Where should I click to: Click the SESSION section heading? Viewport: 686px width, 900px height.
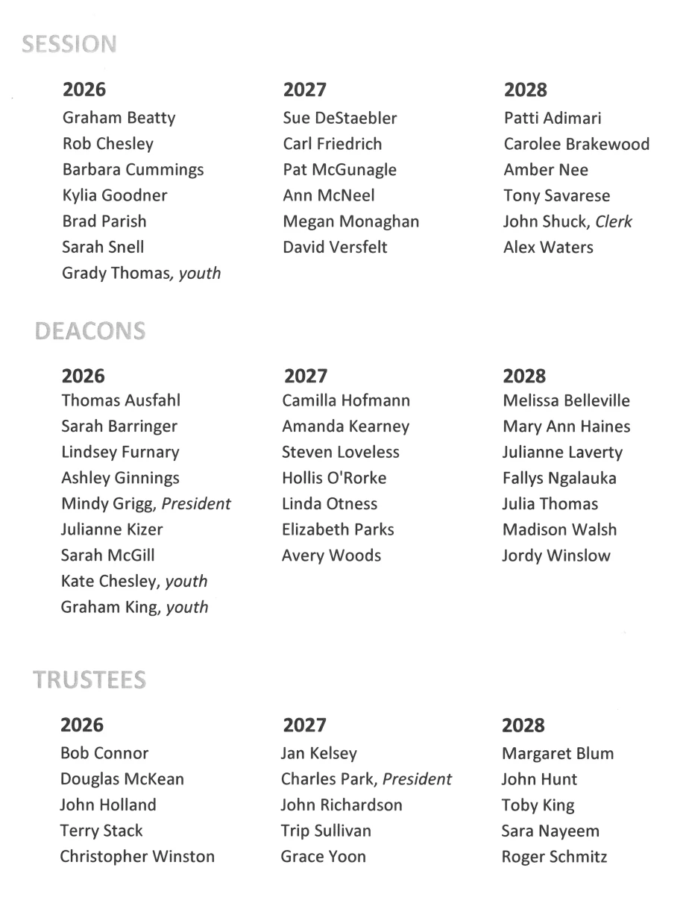[x=69, y=45]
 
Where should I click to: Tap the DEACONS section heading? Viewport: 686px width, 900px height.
[x=90, y=332]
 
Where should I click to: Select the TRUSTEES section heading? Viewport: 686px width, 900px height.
[x=89, y=680]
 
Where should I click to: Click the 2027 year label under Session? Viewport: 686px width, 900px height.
[x=305, y=90]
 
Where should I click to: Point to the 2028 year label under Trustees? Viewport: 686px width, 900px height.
[x=523, y=726]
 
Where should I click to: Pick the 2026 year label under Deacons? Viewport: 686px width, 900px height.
[x=83, y=376]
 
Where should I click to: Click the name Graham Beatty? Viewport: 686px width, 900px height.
[x=119, y=118]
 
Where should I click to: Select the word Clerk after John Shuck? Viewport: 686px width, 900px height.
[x=614, y=221]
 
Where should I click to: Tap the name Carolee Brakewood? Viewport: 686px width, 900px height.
[x=576, y=144]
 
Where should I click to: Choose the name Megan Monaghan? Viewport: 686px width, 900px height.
[x=351, y=221]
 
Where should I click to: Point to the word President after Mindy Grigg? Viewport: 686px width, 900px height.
[x=196, y=504]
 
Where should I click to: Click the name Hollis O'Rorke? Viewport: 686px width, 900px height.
[x=334, y=478]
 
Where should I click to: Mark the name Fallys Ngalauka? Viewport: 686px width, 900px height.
[x=560, y=478]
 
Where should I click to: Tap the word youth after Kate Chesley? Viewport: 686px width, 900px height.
[x=186, y=582]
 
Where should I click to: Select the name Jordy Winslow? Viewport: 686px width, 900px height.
[x=556, y=556]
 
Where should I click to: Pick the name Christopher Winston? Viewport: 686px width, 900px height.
[x=137, y=857]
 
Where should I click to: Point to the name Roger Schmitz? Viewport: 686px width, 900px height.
[x=554, y=857]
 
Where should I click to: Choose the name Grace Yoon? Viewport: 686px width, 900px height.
[x=324, y=857]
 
